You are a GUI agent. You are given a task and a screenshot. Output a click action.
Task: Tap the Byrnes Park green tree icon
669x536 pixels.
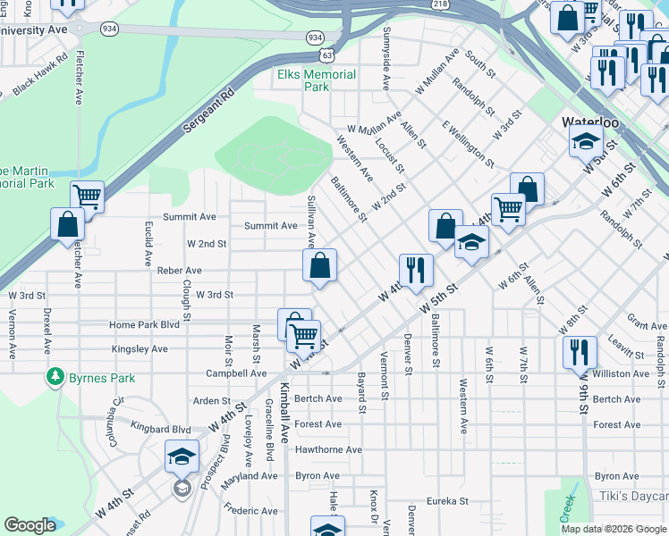[x=56, y=378]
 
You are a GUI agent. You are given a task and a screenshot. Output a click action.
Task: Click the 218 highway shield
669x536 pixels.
[x=440, y=4]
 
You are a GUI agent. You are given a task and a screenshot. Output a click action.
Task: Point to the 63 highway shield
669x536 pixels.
[x=328, y=54]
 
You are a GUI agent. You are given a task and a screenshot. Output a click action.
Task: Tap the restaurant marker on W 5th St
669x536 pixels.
[x=416, y=270]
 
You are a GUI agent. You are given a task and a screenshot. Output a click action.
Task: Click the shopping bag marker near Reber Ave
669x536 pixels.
[x=319, y=265]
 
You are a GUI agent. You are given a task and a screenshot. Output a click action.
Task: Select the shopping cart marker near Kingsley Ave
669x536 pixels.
[x=304, y=335]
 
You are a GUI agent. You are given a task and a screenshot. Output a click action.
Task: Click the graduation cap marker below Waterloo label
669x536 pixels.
[x=587, y=141]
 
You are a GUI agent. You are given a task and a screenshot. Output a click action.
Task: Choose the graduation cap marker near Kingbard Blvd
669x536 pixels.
[x=182, y=457]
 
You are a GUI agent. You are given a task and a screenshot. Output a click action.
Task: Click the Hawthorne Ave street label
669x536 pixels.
[x=328, y=450]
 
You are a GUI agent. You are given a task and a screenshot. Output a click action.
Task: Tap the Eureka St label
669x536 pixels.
[x=447, y=501]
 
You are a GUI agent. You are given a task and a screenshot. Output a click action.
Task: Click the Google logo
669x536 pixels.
[x=30, y=525]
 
